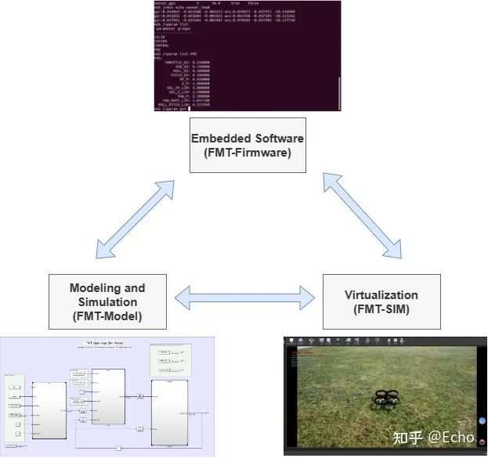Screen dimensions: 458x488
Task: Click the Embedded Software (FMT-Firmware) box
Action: click(248, 145)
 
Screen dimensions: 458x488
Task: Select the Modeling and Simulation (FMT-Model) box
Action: click(107, 301)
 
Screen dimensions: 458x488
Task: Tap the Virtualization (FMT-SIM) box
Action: click(381, 301)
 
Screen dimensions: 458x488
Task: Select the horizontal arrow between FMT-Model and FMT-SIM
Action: click(247, 296)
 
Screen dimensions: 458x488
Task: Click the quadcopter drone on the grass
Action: click(392, 400)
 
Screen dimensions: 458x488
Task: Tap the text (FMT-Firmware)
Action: click(248, 153)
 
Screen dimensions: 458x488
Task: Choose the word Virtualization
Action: click(381, 295)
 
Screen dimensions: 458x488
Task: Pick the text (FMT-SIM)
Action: click(381, 308)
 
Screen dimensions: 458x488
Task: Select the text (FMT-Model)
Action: click(107, 316)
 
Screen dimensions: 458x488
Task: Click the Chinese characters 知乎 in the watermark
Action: click(407, 436)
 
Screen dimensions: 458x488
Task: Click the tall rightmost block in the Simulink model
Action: click(169, 412)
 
